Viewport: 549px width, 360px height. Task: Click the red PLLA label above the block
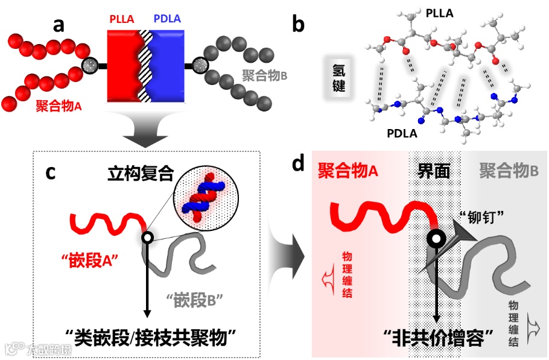tap(124, 20)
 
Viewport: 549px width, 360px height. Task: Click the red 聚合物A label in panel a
tap(59, 106)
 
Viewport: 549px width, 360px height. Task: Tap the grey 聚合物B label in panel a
tap(264, 76)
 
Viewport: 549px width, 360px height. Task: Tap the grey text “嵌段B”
tap(195, 297)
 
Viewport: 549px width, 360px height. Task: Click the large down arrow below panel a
tap(145, 133)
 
